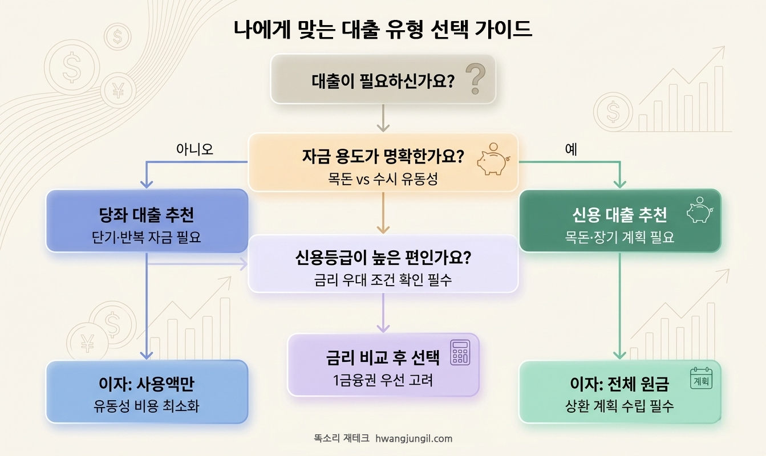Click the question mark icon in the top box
[475, 79]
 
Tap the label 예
[571, 150]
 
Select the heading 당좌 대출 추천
[147, 215]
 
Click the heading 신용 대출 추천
[619, 215]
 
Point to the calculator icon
[460, 352]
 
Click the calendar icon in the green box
[702, 378]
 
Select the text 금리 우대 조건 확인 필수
[383, 280]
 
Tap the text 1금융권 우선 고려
[383, 380]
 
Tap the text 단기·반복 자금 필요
[147, 237]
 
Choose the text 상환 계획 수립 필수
[619, 406]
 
